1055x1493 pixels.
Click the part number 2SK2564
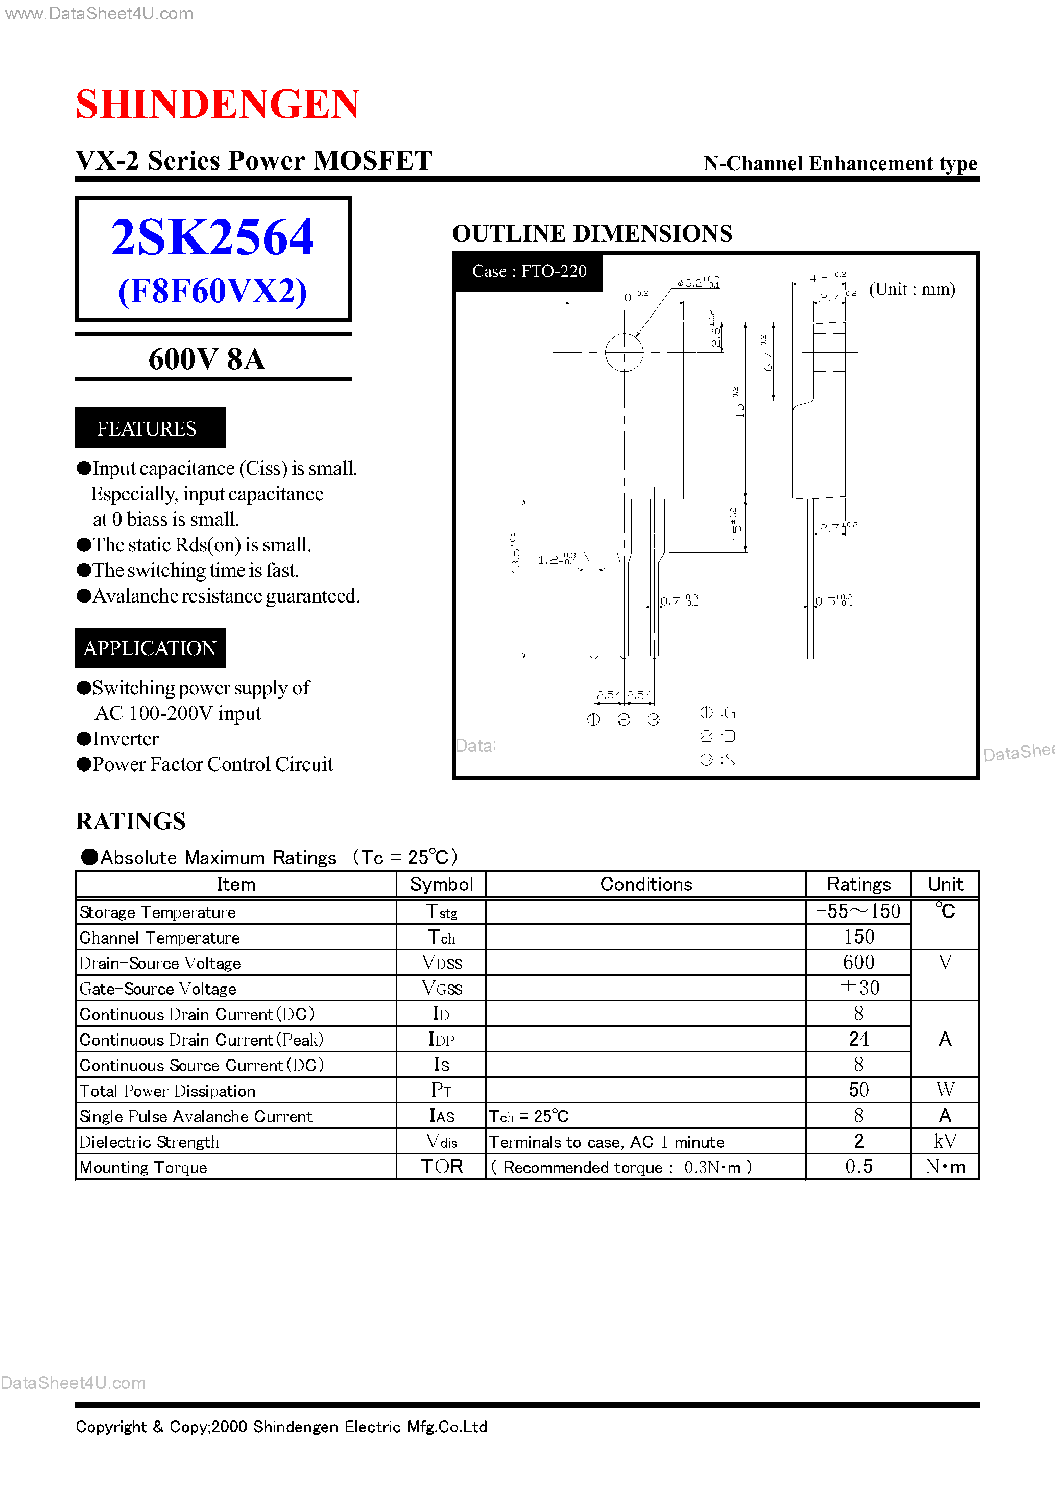(x=212, y=237)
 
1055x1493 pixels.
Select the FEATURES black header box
(x=150, y=428)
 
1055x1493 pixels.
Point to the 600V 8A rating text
(x=207, y=359)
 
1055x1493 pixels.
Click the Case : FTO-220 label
(x=529, y=271)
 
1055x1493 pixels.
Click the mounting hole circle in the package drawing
(x=624, y=352)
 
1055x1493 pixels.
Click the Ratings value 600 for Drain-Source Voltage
(x=858, y=962)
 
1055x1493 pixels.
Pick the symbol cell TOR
(x=442, y=1167)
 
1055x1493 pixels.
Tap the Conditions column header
(x=646, y=884)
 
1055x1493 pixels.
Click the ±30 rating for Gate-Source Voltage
(x=858, y=988)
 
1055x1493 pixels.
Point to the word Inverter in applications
(x=126, y=739)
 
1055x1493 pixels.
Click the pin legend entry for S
(x=718, y=759)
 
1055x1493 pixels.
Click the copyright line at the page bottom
(x=281, y=1427)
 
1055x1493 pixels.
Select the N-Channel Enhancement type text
(x=840, y=163)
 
